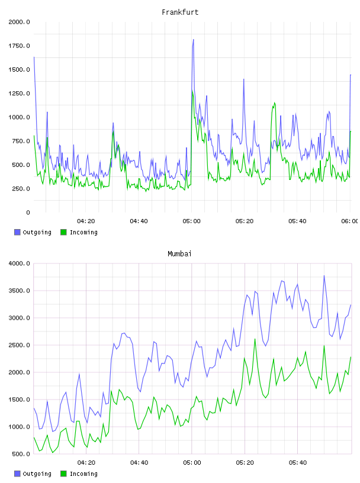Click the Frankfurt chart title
tap(180, 12)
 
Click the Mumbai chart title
tap(179, 253)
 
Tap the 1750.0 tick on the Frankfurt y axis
tap(19, 46)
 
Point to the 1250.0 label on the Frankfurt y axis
tap(19, 94)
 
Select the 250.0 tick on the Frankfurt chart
tap(21, 188)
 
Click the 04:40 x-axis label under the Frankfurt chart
tap(139, 221)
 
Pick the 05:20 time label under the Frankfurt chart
tap(245, 221)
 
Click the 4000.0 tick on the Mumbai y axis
tap(19, 263)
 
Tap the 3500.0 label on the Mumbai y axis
tap(19, 291)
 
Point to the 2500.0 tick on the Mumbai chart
tap(19, 345)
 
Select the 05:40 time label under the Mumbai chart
tap(298, 462)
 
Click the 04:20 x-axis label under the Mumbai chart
tap(86, 462)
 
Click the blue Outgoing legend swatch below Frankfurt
tap(17, 232)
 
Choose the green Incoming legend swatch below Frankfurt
tap(63, 232)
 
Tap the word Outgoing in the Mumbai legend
tap(37, 474)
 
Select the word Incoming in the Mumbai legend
tap(83, 474)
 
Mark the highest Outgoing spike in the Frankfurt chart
tap(193, 40)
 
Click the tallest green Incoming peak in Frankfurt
tap(192, 91)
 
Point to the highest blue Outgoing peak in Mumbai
tap(324, 276)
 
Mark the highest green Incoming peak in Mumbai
tap(255, 339)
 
